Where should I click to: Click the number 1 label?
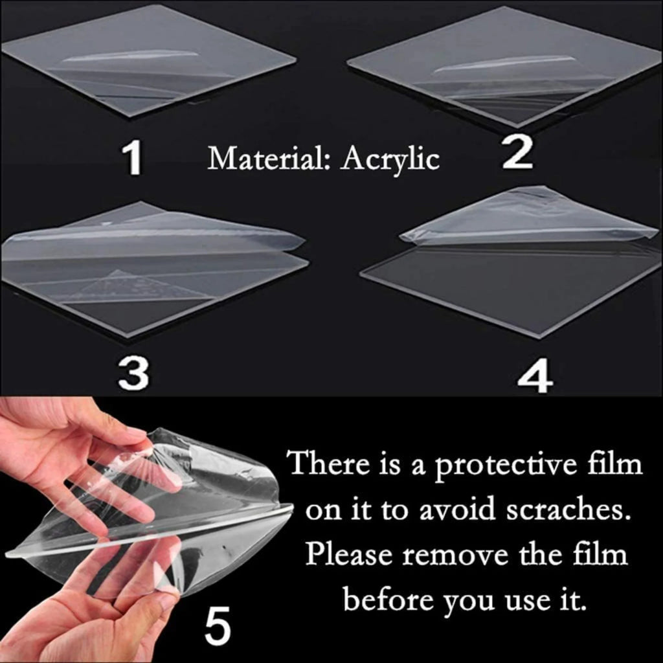(x=133, y=160)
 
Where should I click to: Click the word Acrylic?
(x=390, y=159)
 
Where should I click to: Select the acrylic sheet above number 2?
(x=505, y=68)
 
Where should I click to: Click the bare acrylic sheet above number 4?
(x=511, y=285)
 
